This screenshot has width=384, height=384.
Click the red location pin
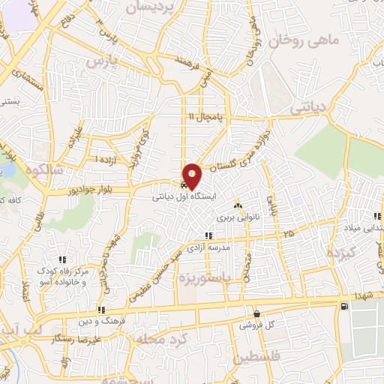tap(193, 175)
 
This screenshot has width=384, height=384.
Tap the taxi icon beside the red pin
tap(184, 184)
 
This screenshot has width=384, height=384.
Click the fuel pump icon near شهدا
tap(343, 306)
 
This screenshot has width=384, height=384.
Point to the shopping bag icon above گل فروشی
tap(256, 314)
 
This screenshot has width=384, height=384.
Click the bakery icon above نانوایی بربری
tap(238, 205)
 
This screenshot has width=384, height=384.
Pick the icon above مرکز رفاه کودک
tap(62, 259)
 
